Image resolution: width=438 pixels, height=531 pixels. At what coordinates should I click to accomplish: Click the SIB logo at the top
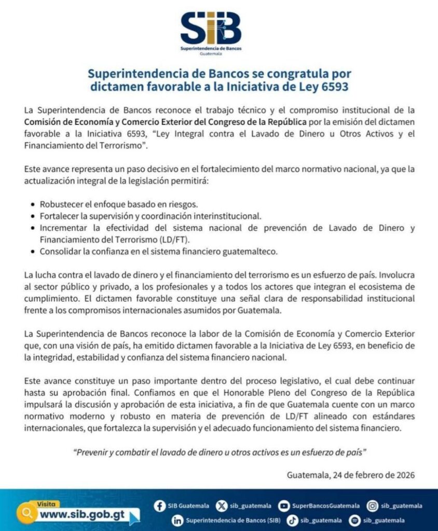211,31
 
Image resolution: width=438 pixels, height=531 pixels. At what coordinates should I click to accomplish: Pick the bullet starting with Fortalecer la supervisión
150,216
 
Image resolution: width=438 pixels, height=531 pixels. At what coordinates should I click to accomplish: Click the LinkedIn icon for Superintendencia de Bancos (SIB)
177,520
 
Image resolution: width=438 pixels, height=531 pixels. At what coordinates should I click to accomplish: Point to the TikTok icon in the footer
293,520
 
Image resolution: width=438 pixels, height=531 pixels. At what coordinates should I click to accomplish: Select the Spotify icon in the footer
355,520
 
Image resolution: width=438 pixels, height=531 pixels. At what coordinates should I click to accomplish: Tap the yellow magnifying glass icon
25,514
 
